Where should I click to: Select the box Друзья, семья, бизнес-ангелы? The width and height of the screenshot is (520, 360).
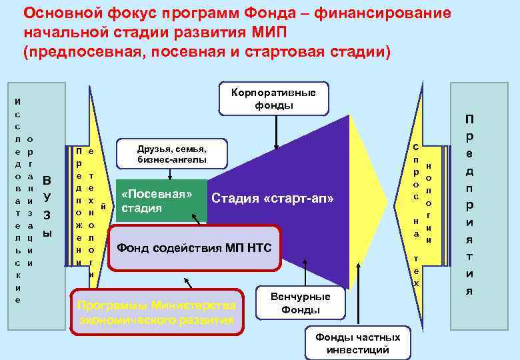click(x=171, y=154)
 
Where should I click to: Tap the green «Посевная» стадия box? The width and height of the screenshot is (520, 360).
click(x=161, y=201)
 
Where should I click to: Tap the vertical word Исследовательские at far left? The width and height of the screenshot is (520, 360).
click(x=18, y=200)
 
